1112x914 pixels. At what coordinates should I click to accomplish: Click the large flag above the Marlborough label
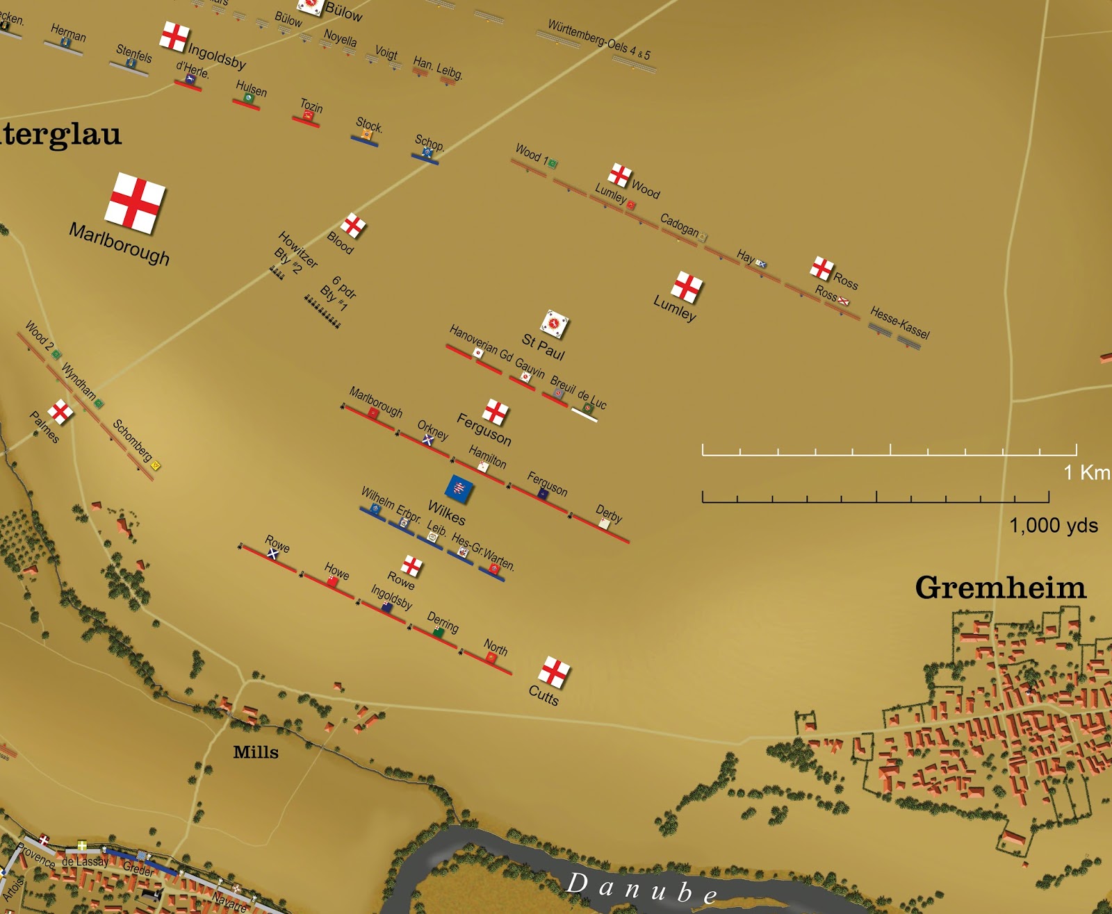tap(136, 203)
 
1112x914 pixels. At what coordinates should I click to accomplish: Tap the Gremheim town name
tap(999, 588)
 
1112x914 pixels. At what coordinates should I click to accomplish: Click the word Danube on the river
tap(641, 888)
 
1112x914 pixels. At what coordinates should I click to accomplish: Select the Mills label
tap(256, 752)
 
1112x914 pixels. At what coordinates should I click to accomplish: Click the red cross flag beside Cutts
tap(554, 672)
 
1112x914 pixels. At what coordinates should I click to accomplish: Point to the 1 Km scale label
tap(1086, 473)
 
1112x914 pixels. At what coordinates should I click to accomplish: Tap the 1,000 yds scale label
tap(1053, 526)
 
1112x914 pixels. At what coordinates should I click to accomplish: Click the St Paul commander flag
tap(555, 324)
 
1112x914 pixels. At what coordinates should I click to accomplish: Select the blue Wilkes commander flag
tap(459, 488)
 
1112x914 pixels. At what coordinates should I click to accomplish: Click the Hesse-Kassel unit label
tap(899, 323)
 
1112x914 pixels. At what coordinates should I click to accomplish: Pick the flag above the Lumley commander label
tap(687, 286)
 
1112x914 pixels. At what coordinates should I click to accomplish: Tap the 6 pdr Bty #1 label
tap(338, 293)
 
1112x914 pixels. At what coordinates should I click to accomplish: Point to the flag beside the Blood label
tap(353, 225)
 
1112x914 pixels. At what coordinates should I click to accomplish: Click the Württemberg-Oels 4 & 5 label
tap(599, 39)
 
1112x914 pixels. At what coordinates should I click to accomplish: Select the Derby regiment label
tap(609, 514)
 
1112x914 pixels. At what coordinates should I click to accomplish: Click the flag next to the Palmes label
tap(60, 412)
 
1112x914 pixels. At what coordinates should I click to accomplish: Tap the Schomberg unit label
tap(132, 440)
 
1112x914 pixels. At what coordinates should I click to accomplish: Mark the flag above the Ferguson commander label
tap(496, 412)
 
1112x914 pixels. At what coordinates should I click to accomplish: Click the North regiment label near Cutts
tap(496, 647)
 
